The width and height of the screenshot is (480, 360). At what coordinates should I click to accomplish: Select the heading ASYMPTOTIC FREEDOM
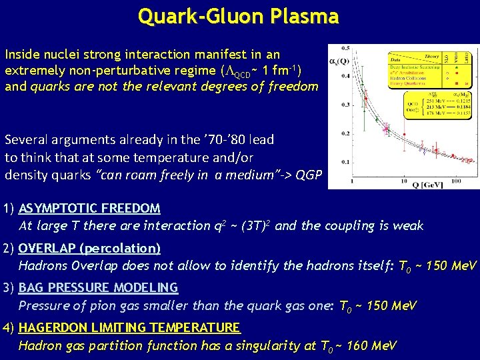click(x=89, y=209)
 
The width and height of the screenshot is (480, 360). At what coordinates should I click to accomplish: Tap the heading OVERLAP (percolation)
click(x=89, y=249)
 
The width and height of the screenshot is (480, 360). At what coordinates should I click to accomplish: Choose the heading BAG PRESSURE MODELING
click(x=98, y=288)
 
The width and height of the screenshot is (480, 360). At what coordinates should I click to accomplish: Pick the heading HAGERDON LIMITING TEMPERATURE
click(x=129, y=327)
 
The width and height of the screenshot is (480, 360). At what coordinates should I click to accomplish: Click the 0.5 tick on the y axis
click(x=345, y=48)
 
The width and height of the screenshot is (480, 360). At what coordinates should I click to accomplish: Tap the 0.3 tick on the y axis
click(x=345, y=105)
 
